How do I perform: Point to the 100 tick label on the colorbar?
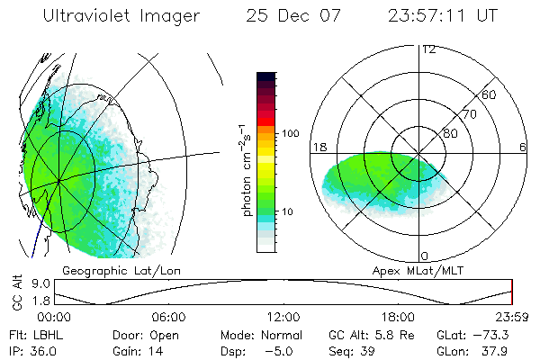tap(290, 133)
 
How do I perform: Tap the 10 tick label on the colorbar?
tap(290, 212)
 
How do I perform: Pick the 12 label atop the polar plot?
tap(428, 49)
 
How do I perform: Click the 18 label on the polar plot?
tap(319, 147)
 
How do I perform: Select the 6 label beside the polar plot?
tap(523, 147)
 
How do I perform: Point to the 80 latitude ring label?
tap(449, 133)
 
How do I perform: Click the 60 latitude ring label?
tap(490, 94)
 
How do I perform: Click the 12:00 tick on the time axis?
tap(283, 317)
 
